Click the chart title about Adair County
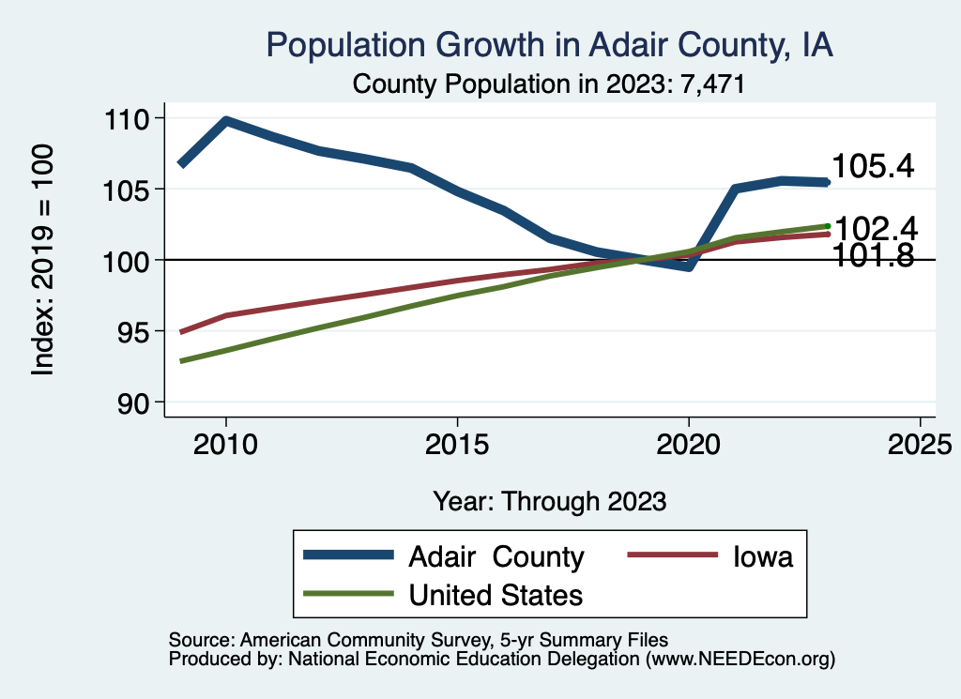(550, 45)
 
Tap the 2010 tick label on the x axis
(225, 443)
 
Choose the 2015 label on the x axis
(457, 443)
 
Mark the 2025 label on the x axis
(920, 443)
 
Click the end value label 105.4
(873, 167)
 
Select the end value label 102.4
(876, 228)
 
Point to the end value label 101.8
(874, 256)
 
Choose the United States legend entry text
(496, 594)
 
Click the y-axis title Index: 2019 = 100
(43, 261)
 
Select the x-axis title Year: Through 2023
(550, 501)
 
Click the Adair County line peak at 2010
(225, 120)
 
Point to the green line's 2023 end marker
(828, 226)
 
